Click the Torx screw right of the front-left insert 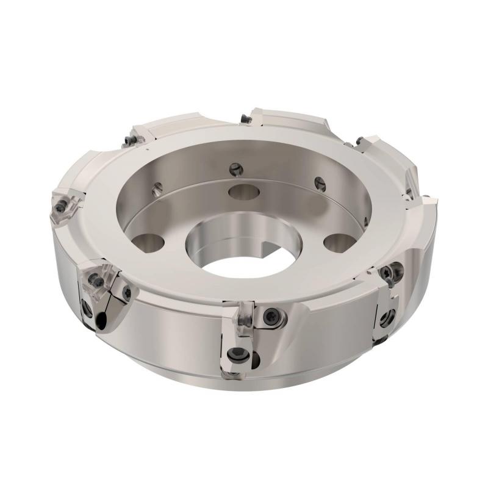[127, 293]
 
